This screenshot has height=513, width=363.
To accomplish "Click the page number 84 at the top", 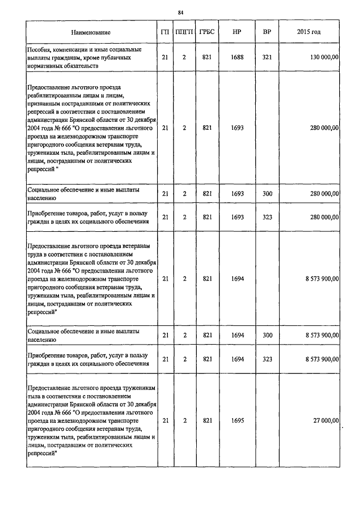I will [181, 12].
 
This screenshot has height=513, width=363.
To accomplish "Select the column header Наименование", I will [91, 32].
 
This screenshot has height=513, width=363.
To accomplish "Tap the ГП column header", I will [165, 32].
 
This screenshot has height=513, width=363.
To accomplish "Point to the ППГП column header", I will [184, 32].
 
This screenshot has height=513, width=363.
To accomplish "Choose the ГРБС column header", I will [207, 32].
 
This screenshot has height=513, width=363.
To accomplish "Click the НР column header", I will [237, 32].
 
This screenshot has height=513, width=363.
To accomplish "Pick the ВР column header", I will [267, 32].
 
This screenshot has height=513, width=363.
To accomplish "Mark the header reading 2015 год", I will [309, 32].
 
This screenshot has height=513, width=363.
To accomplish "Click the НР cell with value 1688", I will [237, 58].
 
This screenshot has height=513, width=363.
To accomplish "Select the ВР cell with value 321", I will [267, 58].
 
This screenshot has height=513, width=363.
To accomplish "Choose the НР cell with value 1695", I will [237, 421].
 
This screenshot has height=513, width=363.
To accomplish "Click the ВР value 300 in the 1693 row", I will [267, 194].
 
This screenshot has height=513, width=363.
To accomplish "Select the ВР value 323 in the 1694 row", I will [267, 359].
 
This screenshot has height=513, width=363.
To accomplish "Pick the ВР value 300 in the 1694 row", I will [267, 336].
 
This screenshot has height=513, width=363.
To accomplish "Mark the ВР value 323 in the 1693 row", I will [267, 218].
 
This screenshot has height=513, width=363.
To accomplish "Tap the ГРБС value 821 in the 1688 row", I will [207, 58].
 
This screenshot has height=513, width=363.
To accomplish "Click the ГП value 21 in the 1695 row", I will [165, 421].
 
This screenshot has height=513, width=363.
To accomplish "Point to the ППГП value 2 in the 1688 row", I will [184, 58].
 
